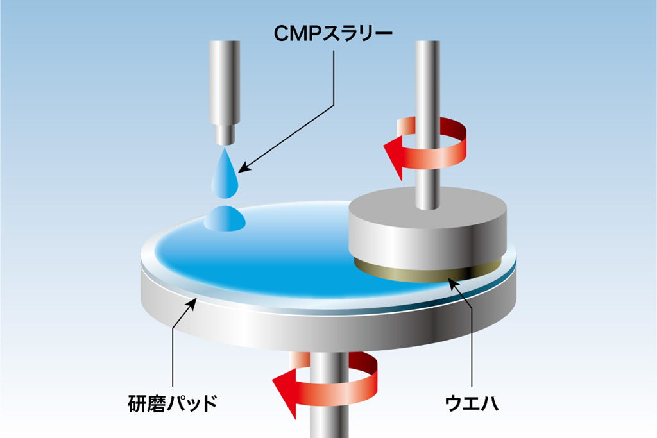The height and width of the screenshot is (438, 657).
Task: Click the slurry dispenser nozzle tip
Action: pyautogui.click(x=224, y=134)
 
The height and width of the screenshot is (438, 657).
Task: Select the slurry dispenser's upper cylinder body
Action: pyautogui.click(x=224, y=80)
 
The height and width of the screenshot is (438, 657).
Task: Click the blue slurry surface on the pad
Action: pyautogui.click(x=269, y=263)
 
